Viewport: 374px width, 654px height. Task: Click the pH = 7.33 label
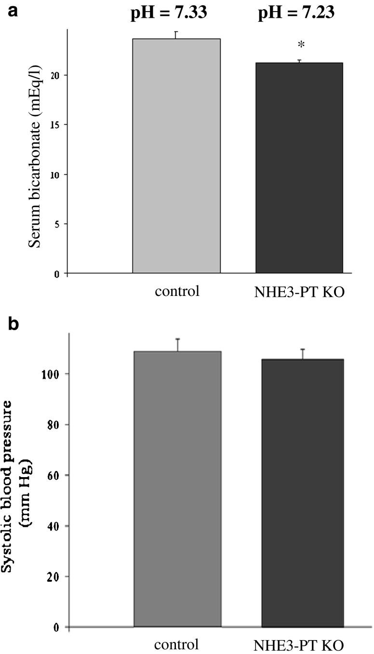pyautogui.click(x=169, y=13)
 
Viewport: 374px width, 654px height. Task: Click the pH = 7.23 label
pyautogui.click(x=296, y=13)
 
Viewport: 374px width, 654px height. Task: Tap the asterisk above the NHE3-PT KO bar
pyautogui.click(x=301, y=46)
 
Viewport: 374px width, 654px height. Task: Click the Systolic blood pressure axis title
pyautogui.click(x=19, y=487)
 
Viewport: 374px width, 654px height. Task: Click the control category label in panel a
pyautogui.click(x=177, y=292)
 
